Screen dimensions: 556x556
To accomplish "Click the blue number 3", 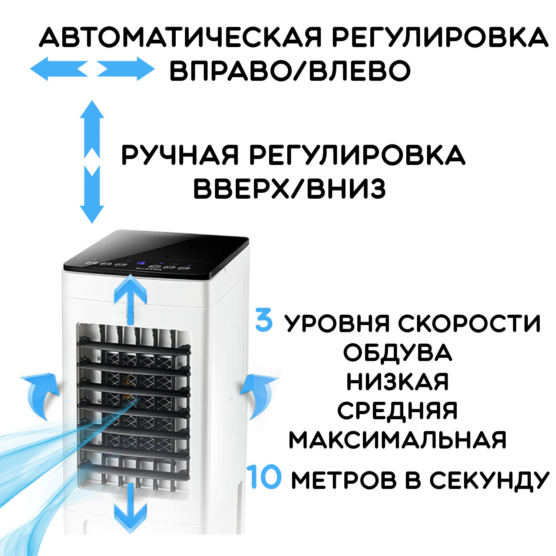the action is tap(264, 321).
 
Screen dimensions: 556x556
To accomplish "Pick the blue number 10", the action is tap(264, 477).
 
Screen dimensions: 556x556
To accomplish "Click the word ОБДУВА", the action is tap(397, 353).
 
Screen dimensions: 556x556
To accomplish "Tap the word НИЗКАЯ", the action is tap(397, 382).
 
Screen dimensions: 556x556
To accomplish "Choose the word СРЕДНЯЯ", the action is tap(397, 411).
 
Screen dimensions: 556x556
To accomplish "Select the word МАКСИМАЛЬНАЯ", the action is tap(397, 440).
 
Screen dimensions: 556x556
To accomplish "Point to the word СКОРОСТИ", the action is tap(469, 323).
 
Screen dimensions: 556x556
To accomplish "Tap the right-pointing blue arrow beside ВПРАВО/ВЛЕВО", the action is tap(126, 69).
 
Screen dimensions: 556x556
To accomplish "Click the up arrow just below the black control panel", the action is tap(130, 297).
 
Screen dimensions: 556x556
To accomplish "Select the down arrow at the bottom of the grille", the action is tap(130, 510).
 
